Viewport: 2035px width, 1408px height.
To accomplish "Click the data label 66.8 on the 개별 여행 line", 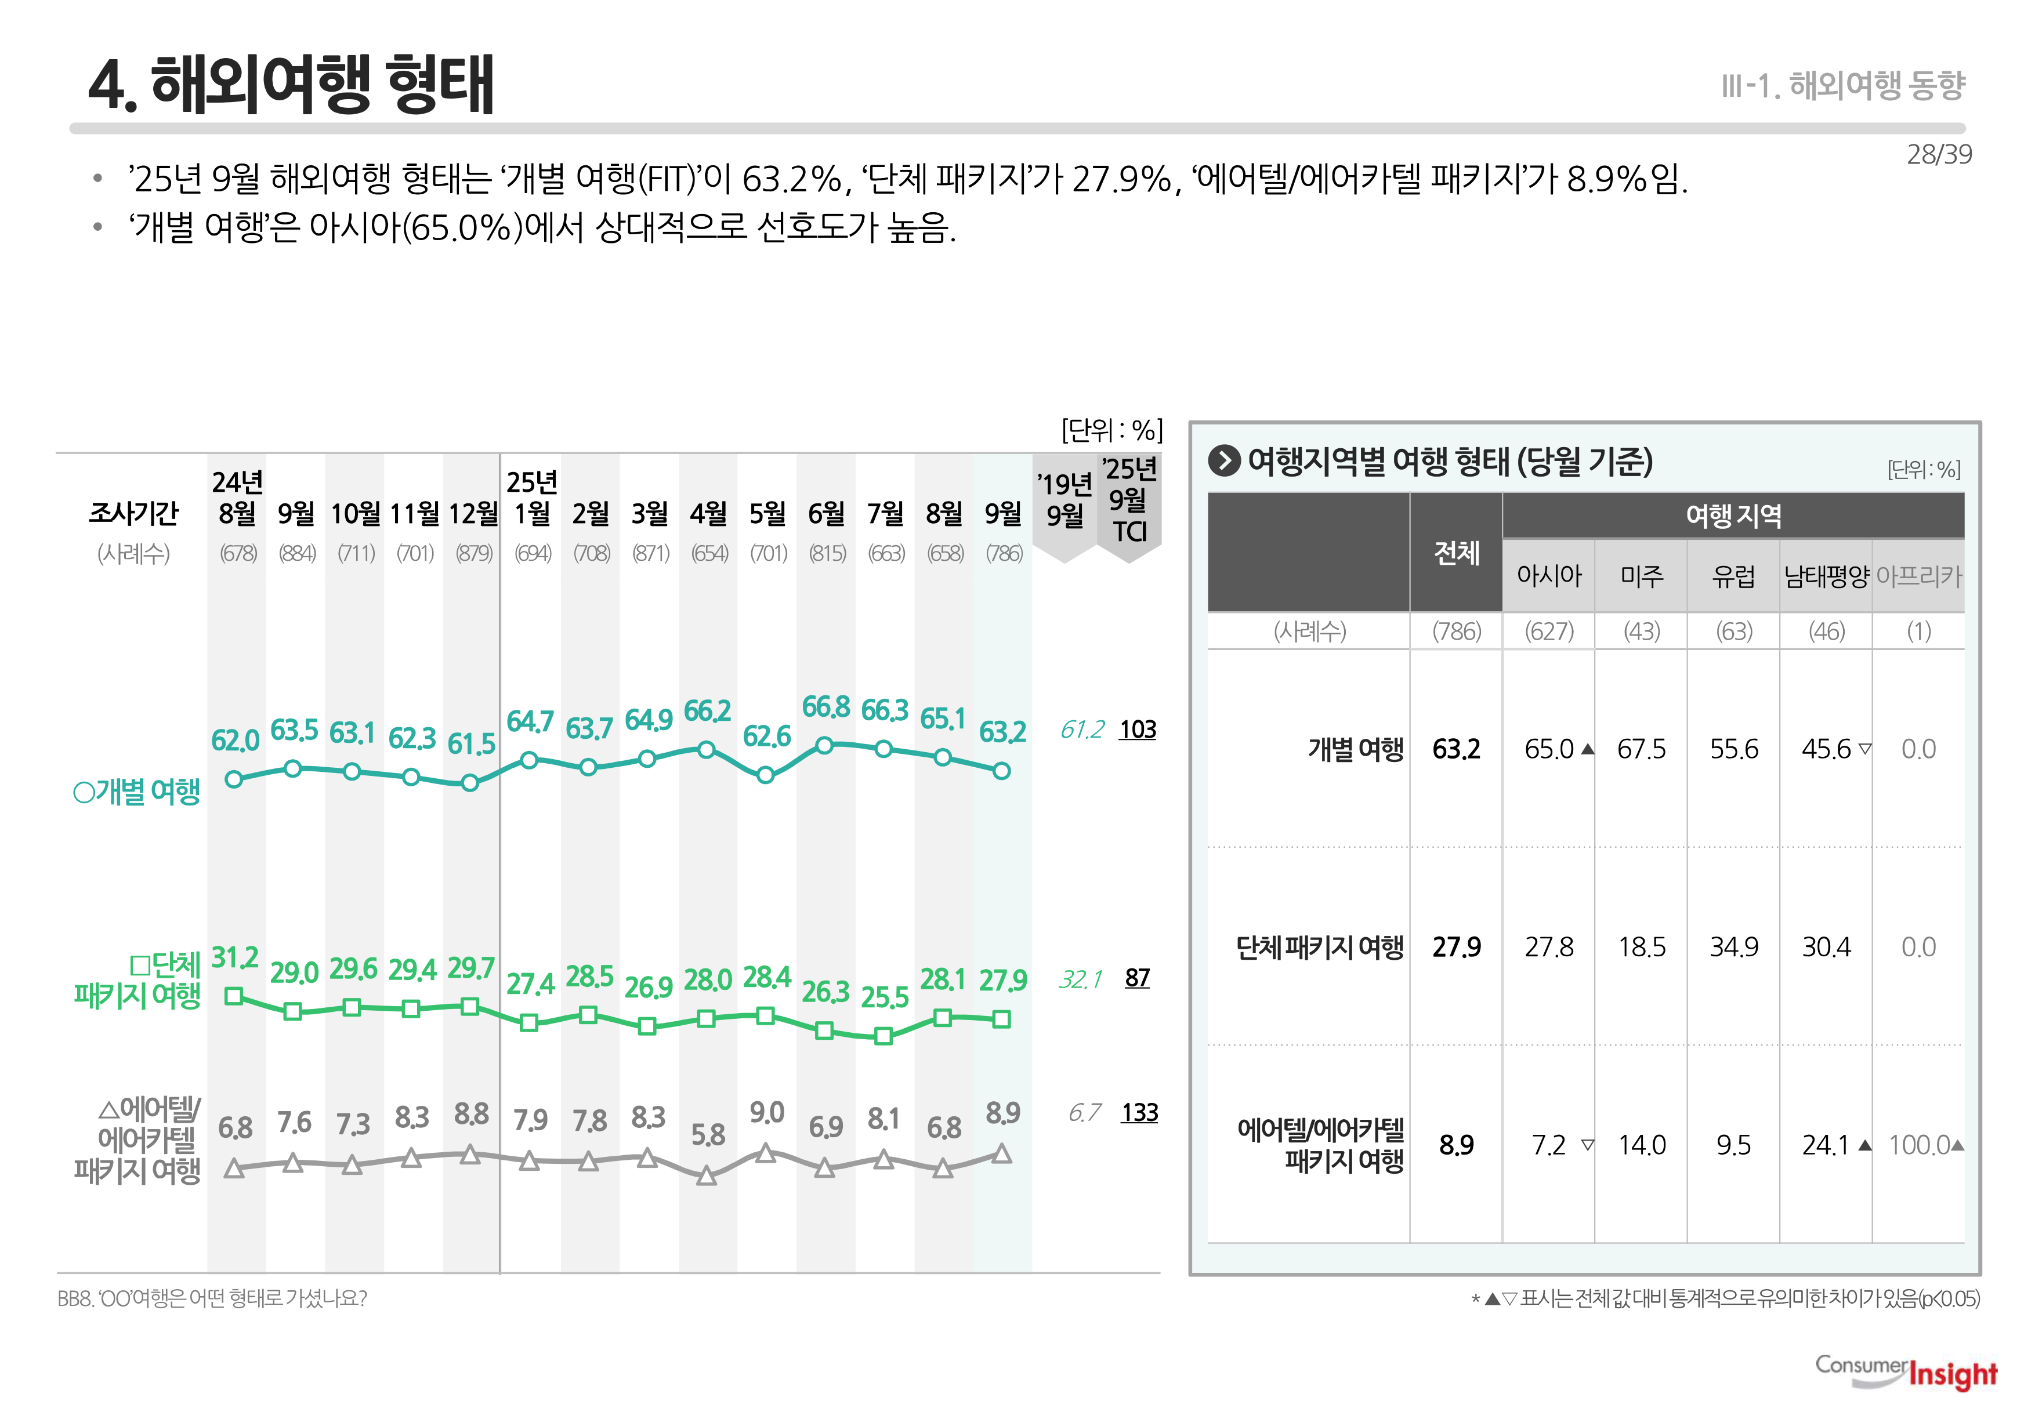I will tap(825, 707).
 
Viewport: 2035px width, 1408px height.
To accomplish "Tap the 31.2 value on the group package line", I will tap(235, 958).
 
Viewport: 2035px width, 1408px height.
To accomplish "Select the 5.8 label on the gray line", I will tap(708, 1134).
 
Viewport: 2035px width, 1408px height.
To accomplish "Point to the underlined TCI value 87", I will tap(1138, 978).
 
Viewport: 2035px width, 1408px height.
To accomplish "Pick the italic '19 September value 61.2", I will tap(1082, 730).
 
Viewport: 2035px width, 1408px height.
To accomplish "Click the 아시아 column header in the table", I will tap(1549, 576).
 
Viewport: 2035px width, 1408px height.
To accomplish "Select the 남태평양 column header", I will tap(1826, 576).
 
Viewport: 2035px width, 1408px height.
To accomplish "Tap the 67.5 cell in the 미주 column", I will tap(1642, 749).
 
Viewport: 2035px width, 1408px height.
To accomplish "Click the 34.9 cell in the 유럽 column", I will tap(1734, 948).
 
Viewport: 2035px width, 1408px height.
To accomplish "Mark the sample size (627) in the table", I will tap(1549, 632).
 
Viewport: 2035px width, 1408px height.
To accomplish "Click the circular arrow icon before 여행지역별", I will tap(1224, 460).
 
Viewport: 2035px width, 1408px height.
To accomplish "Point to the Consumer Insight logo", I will tap(1906, 1372).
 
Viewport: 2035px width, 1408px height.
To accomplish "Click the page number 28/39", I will tap(1939, 154).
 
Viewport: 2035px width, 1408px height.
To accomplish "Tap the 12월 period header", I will tap(473, 513).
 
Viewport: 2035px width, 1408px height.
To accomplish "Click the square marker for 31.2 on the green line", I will tap(234, 996).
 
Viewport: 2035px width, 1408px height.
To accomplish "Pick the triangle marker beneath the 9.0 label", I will tap(766, 1153).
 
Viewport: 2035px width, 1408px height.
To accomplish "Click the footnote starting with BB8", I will tap(212, 1298).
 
